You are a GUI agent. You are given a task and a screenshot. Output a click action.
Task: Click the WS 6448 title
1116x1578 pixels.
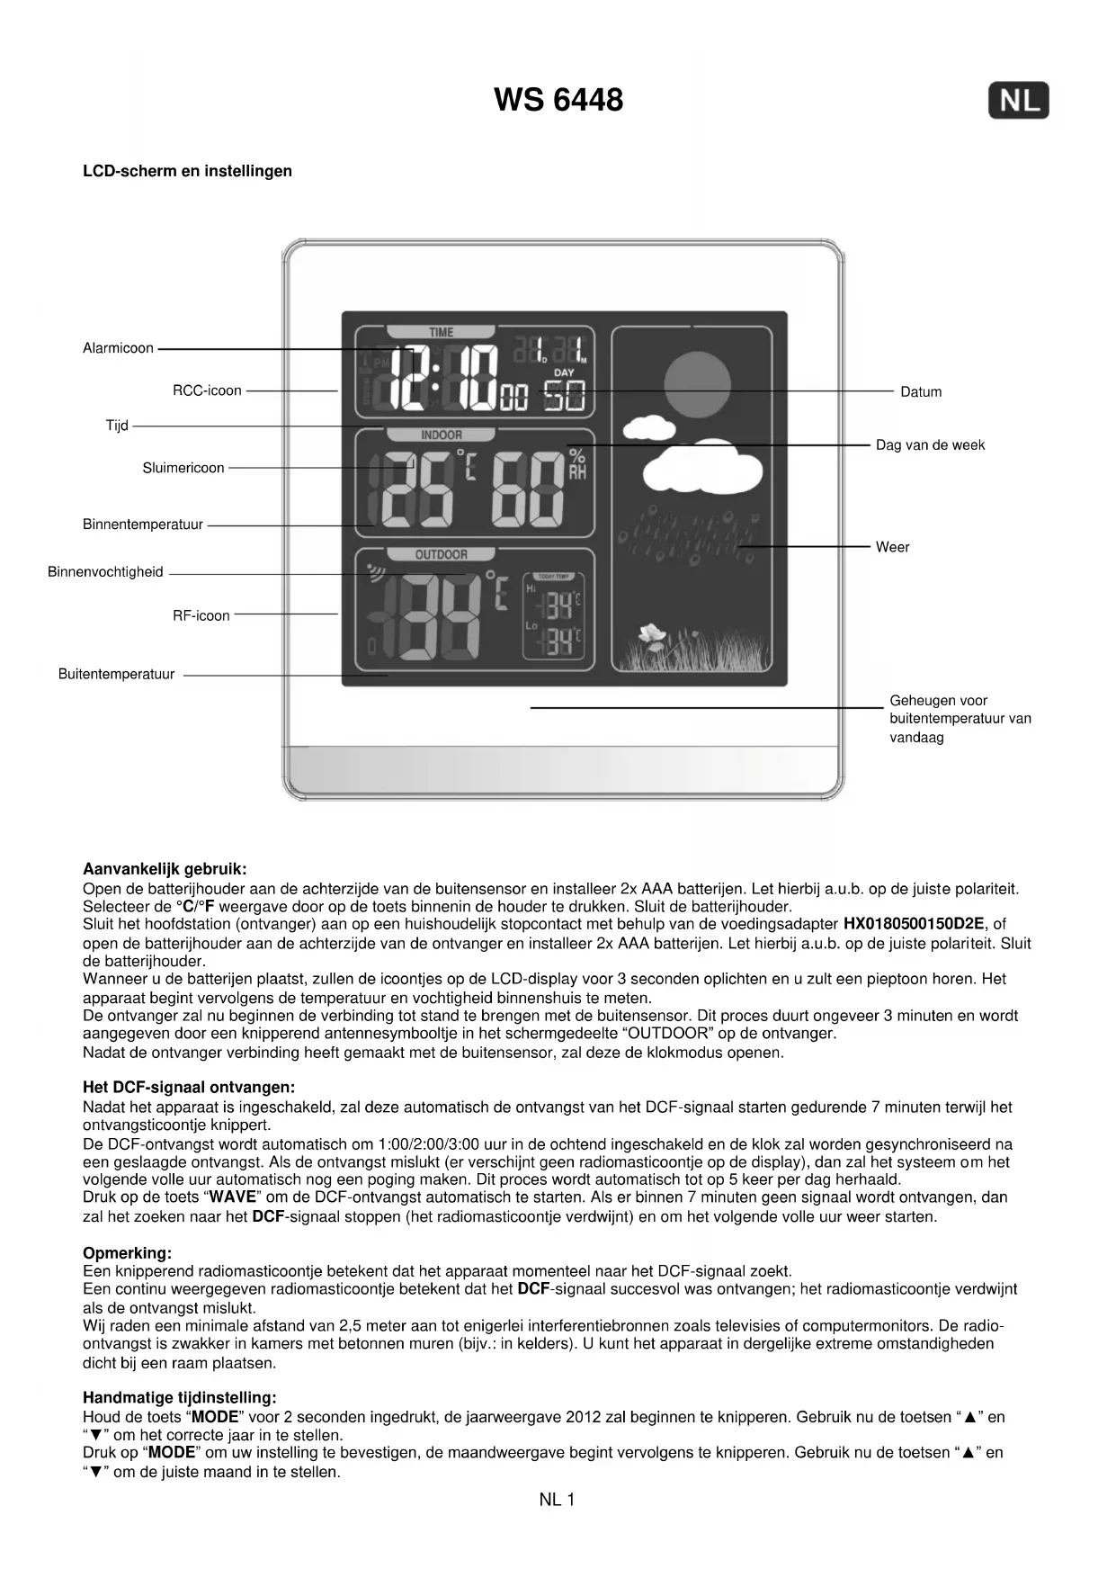(x=558, y=99)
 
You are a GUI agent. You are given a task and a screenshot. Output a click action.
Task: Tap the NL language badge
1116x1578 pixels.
(x=1018, y=100)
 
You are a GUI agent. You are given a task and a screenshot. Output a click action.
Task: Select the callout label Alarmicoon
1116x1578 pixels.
(x=118, y=348)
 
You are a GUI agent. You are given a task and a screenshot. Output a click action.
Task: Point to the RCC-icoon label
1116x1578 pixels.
(x=207, y=390)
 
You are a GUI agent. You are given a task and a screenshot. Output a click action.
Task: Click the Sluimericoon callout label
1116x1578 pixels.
(x=183, y=468)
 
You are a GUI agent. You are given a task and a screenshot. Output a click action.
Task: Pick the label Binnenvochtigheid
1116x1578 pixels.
(x=105, y=572)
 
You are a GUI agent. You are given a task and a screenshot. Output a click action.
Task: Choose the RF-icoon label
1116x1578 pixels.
(x=201, y=615)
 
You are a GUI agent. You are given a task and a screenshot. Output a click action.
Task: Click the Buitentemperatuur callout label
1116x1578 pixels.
(x=116, y=674)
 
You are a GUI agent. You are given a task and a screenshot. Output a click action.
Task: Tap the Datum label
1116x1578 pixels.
(x=921, y=391)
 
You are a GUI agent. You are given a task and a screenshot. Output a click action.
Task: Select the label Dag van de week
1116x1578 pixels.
(x=930, y=444)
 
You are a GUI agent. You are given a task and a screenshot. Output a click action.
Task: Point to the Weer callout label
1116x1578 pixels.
(x=892, y=547)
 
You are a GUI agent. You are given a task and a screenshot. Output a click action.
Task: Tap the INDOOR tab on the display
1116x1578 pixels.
(x=441, y=435)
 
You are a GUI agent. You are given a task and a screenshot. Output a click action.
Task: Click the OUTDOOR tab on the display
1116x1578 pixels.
(x=441, y=555)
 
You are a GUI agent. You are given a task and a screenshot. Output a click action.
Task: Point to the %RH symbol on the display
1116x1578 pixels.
(x=576, y=464)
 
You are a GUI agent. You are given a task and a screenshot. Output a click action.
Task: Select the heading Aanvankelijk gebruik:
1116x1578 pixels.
(x=165, y=869)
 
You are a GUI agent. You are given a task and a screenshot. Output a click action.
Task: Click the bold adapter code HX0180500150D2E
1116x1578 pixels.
(x=913, y=924)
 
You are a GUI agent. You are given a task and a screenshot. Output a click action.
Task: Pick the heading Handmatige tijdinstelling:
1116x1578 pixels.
(x=180, y=1397)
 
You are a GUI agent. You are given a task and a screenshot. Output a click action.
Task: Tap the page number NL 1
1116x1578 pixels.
(x=557, y=1500)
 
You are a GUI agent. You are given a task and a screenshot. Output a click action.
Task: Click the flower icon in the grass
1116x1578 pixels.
(x=651, y=636)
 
